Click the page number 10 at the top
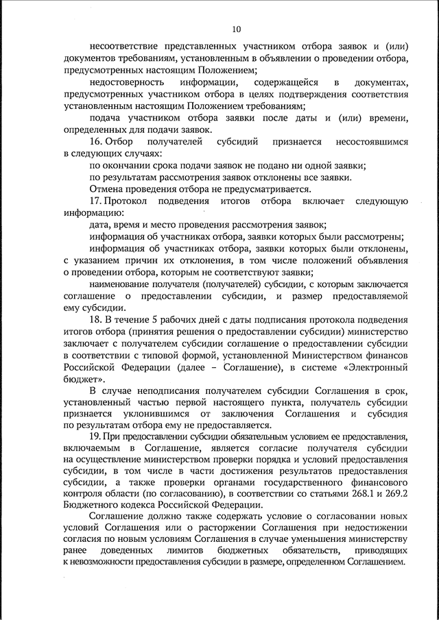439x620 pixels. [x=235, y=29]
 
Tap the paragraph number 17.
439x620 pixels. [x=96, y=201]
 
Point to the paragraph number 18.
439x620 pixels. [x=96, y=320]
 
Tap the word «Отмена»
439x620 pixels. [x=106, y=189]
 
